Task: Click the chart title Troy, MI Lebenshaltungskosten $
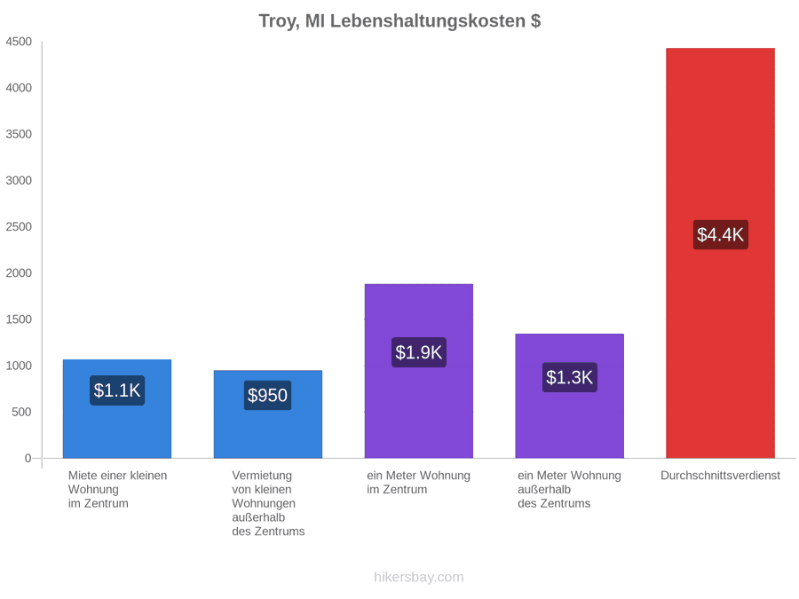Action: coord(399,21)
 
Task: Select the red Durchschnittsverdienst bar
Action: coord(720,253)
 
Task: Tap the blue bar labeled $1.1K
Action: coord(117,409)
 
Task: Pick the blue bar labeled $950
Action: coord(268,414)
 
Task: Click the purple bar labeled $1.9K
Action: coord(419,371)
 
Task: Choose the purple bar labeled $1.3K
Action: coord(570,396)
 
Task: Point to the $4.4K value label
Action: coord(720,234)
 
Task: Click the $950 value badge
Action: coord(268,395)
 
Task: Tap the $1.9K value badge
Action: coord(419,352)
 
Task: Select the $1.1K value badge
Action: coord(117,390)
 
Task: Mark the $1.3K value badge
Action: coord(570,377)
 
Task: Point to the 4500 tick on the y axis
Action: coord(19,42)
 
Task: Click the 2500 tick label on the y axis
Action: coord(19,226)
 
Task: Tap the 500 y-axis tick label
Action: coord(22,412)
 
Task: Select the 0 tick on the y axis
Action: coord(28,458)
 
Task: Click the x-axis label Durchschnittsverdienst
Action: coord(720,476)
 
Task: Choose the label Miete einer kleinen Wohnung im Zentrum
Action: coord(118,489)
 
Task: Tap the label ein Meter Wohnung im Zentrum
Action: coord(418,483)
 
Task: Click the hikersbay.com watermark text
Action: coord(419,577)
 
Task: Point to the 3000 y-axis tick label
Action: coord(19,180)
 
